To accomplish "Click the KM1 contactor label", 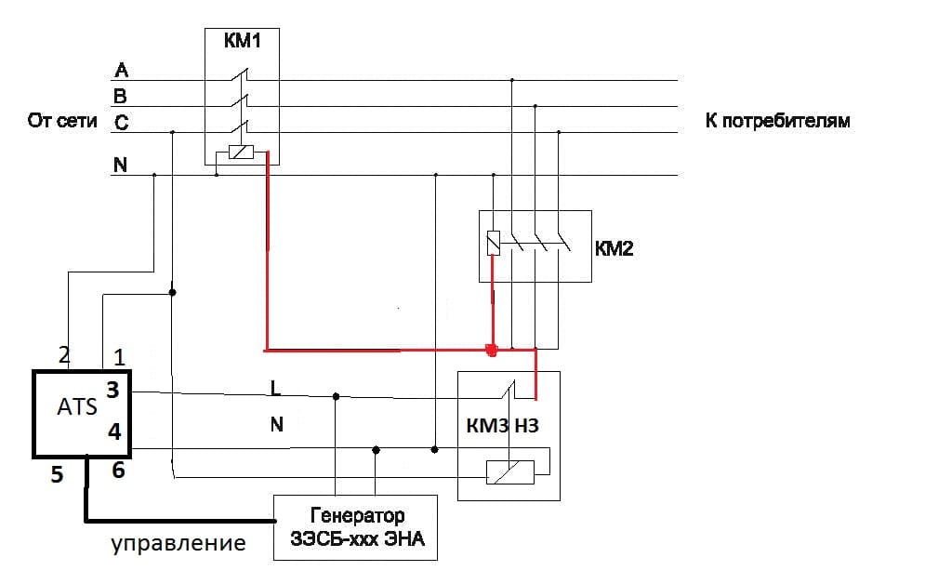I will pyautogui.click(x=242, y=42).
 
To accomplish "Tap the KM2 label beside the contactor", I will pyautogui.click(x=614, y=248).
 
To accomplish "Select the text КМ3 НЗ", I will pyautogui.click(x=502, y=427).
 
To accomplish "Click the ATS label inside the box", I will pyautogui.click(x=77, y=406).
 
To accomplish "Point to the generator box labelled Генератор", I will pyautogui.click(x=354, y=526).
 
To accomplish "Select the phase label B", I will pyautogui.click(x=121, y=96).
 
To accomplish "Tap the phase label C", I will pyautogui.click(x=121, y=122).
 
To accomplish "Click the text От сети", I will pyautogui.click(x=63, y=122).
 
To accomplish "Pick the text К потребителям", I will pyautogui.click(x=777, y=122).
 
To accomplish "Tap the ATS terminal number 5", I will pyautogui.click(x=58, y=474).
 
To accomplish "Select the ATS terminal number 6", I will pyautogui.click(x=118, y=471).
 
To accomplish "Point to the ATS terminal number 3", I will pyautogui.click(x=112, y=391).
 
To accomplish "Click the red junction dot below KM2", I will pyautogui.click(x=493, y=351).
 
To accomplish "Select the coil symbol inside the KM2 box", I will pyautogui.click(x=494, y=244).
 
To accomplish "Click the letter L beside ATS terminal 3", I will pyautogui.click(x=275, y=386).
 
